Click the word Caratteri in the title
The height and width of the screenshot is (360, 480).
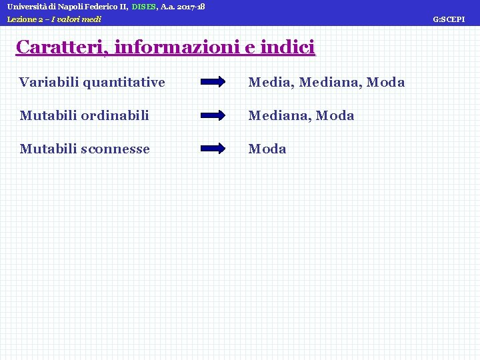point(63,47)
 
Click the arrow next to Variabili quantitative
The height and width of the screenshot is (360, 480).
point(213,83)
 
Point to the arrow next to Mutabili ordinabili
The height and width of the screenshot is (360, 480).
point(213,115)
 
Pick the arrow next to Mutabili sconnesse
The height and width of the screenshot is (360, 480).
point(213,149)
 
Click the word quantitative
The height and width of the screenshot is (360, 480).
point(124,83)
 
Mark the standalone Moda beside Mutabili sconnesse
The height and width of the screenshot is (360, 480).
point(267,149)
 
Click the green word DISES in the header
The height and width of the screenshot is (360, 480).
point(144,7)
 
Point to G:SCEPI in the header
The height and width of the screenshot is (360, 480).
point(449,20)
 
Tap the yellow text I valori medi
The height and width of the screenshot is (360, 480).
point(76,19)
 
